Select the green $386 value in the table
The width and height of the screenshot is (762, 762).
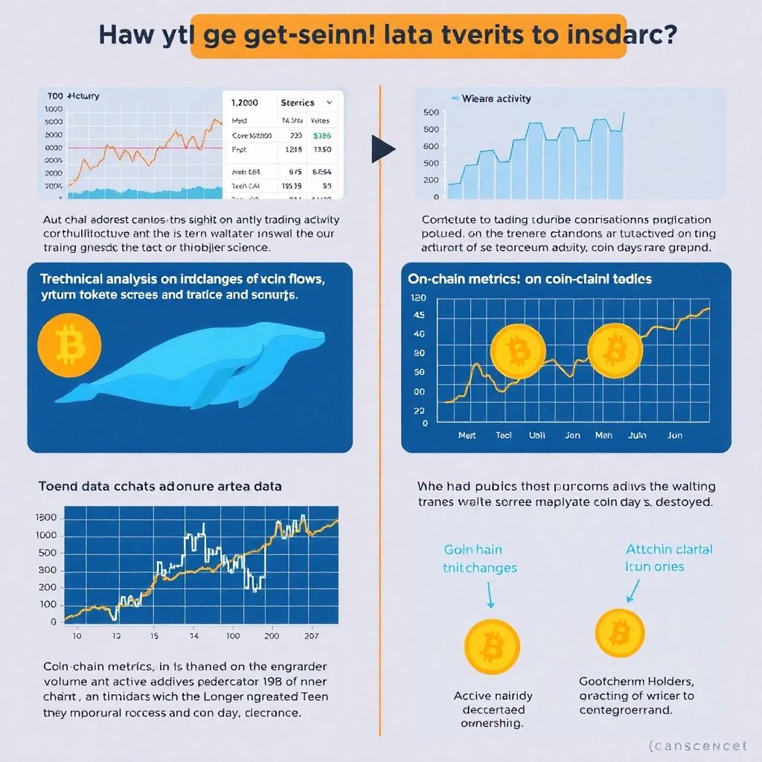click(322, 135)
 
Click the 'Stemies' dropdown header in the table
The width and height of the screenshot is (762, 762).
click(297, 103)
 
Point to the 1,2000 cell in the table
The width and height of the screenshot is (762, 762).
click(245, 103)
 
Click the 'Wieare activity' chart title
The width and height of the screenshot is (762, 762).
click(494, 98)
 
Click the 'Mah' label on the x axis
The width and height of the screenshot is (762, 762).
click(603, 435)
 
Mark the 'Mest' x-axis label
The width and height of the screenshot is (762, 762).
click(467, 435)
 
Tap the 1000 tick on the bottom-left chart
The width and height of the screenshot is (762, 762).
click(46, 535)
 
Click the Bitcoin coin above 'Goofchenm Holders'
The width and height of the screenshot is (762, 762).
click(619, 633)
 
